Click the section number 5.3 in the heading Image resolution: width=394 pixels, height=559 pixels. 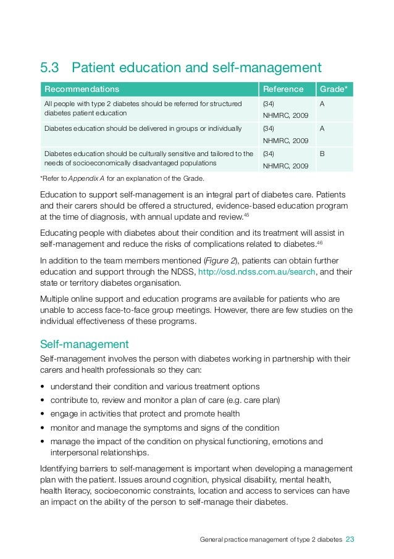pos(51,67)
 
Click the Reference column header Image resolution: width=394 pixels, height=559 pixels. pos(283,89)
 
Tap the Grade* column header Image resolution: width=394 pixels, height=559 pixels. pos(333,89)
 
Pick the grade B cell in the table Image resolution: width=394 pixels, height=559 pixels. pos(322,154)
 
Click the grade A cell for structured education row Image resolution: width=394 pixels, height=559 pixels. pos(322,104)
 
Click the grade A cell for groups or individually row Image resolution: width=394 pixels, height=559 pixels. pos(322,129)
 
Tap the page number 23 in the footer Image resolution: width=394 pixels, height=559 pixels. pos(350,539)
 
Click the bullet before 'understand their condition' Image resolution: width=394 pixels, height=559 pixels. pos(41,387)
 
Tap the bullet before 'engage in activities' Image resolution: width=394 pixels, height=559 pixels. pos(41,414)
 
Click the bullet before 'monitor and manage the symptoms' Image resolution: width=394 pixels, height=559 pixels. pos(41,428)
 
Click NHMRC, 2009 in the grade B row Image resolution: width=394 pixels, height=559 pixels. pos(282,165)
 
